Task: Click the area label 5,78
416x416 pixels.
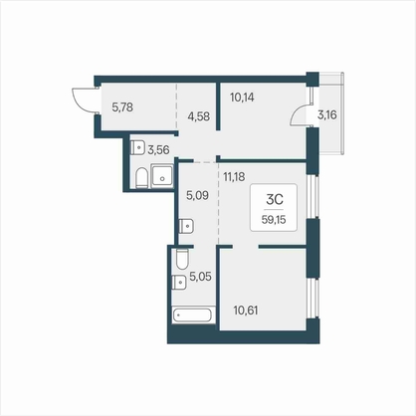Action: [x=122, y=107]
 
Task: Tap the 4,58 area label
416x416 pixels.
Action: [x=198, y=116]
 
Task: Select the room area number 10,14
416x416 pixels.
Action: [x=242, y=98]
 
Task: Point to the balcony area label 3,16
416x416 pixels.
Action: [x=327, y=115]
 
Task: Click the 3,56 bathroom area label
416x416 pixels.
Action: [x=158, y=150]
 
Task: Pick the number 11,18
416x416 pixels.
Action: [x=234, y=177]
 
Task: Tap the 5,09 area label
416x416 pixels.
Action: [x=197, y=195]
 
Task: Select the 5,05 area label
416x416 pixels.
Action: [x=200, y=276]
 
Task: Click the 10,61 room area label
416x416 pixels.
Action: [x=246, y=311]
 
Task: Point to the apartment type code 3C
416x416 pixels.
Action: [x=275, y=199]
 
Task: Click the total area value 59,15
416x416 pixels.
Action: [x=274, y=220]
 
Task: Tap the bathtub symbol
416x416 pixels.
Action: [x=192, y=314]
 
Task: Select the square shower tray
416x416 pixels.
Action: [x=162, y=176]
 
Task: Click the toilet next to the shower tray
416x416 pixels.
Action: [x=141, y=178]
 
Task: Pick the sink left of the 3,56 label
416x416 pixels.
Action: [x=137, y=147]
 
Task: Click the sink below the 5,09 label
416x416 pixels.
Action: [x=186, y=226]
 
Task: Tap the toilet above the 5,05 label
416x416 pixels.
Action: [x=182, y=259]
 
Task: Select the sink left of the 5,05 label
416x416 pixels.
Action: [x=179, y=283]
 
